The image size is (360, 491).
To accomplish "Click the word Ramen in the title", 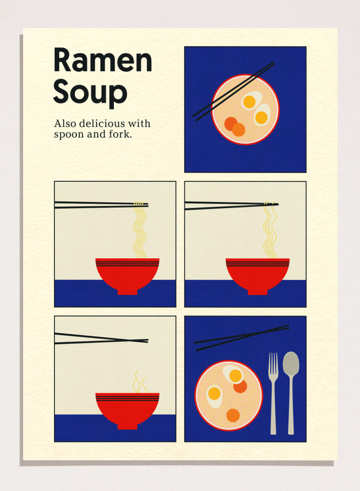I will pos(102,60).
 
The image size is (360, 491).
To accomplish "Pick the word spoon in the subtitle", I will pos(67,134).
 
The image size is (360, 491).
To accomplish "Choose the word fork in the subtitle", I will pos(120,134).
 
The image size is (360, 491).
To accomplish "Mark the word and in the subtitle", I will pos(95,134).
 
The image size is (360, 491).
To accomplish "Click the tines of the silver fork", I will pos(273,361).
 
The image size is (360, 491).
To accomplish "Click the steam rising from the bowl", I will pos(139,382).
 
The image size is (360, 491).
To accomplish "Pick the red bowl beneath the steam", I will pos(127,407).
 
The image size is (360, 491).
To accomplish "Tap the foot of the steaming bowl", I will pos(127,426).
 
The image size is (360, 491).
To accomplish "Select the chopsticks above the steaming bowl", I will pos(100,338).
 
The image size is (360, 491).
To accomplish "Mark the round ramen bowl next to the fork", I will pos(228,395).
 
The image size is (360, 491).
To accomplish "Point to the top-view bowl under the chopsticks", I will pos(245,110).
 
